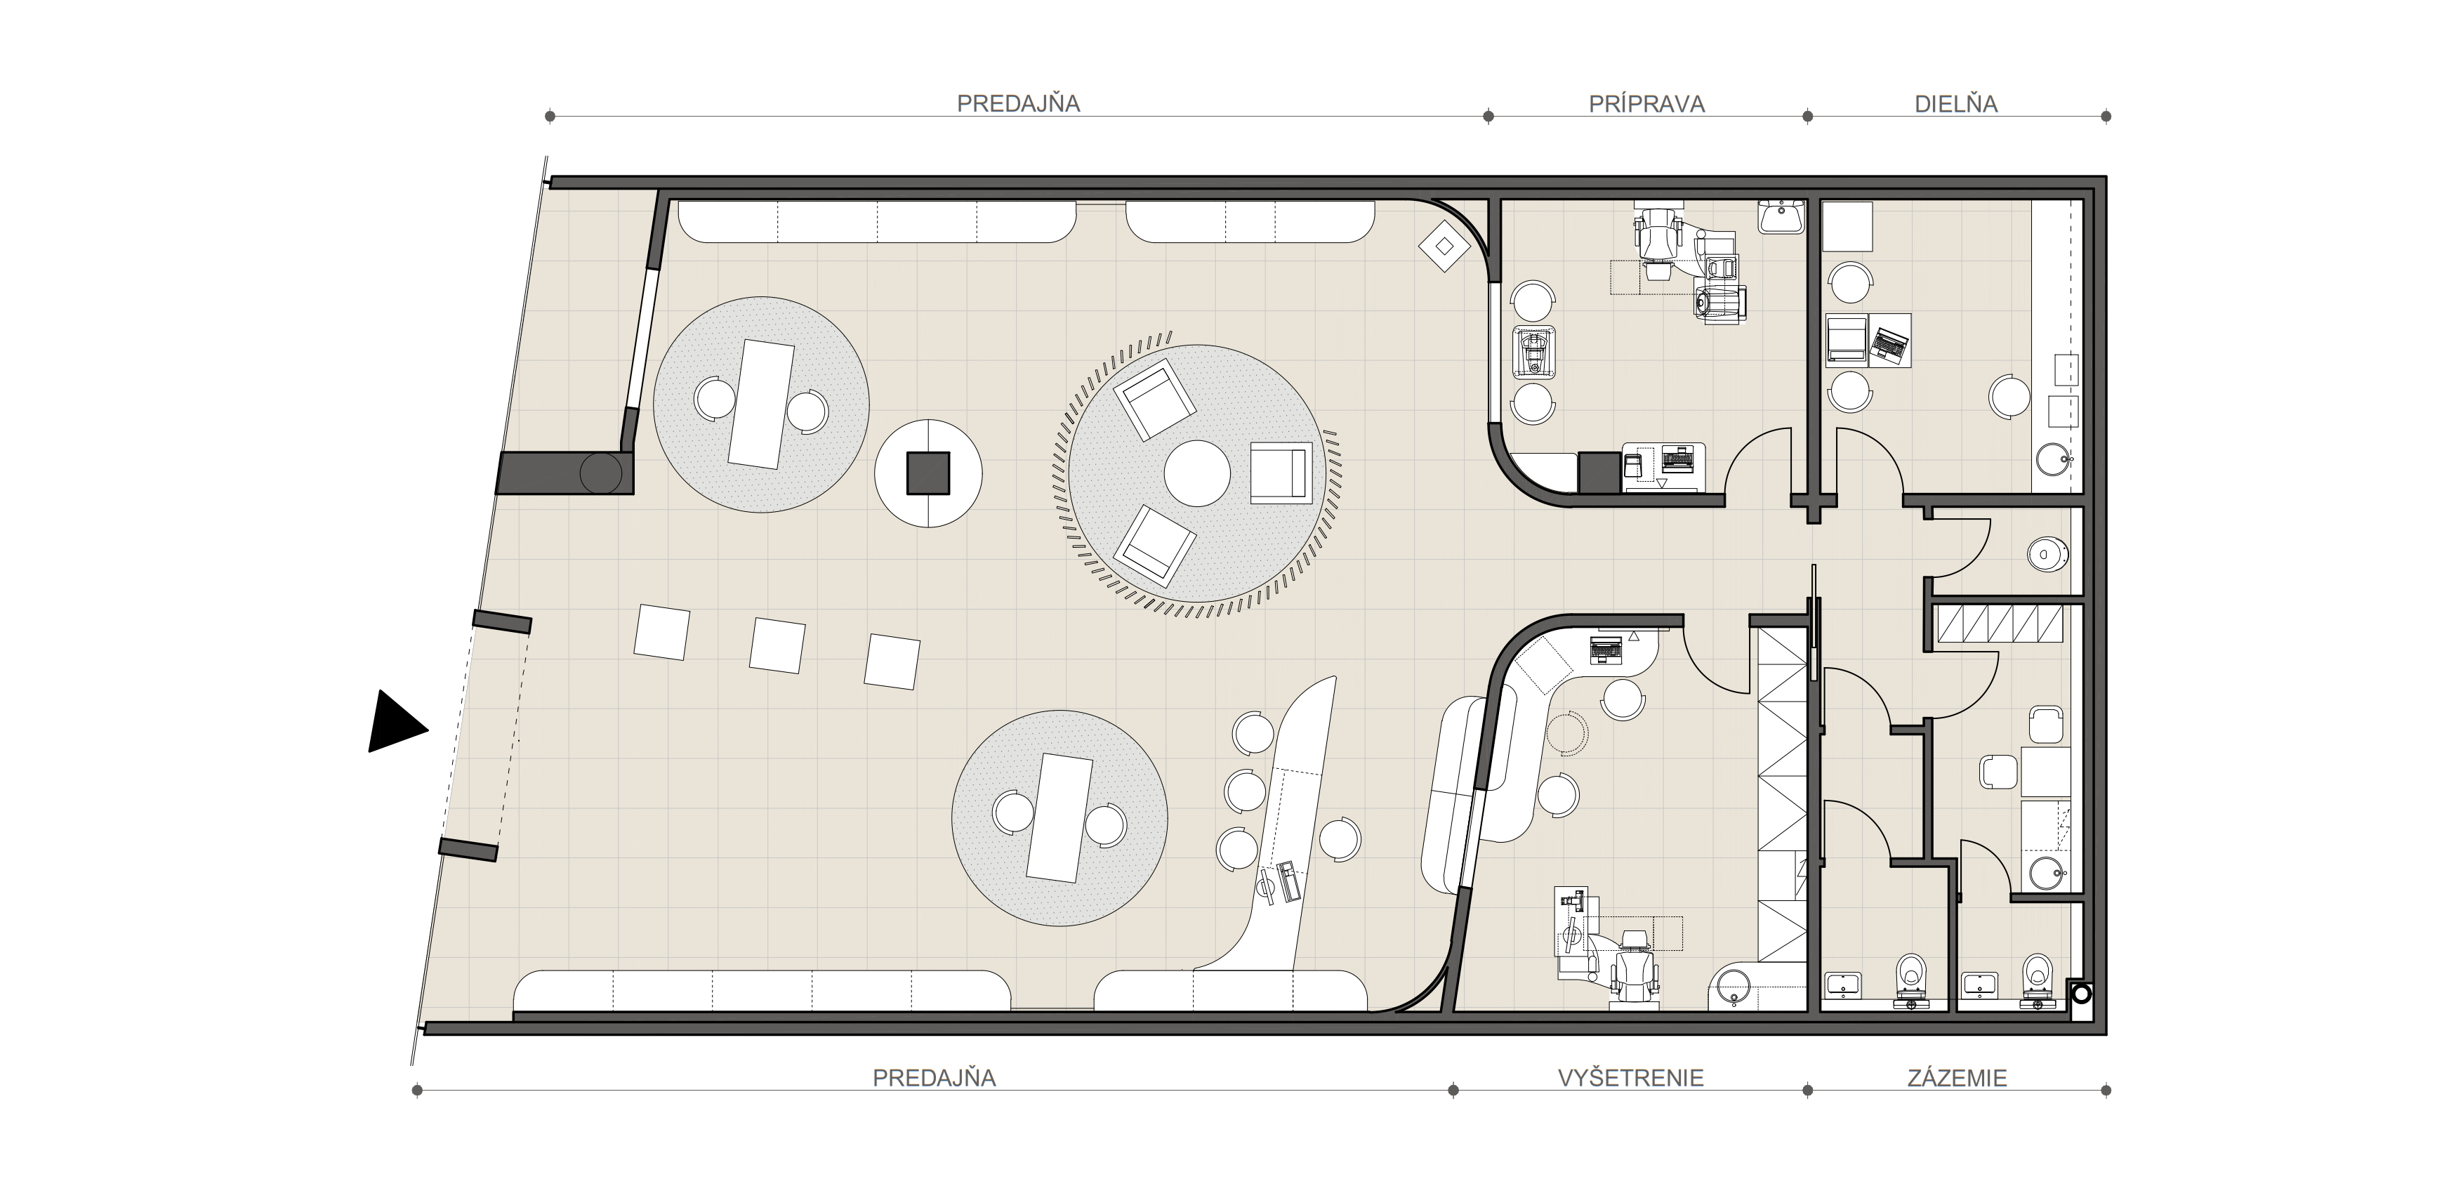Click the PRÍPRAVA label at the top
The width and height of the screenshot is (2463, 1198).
pos(1646,104)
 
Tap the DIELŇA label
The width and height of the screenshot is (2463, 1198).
pos(1955,104)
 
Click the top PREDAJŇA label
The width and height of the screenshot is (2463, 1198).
pos(1018,104)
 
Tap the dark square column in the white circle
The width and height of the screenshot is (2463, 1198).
pos(927,473)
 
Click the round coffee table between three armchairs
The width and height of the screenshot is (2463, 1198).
pos(1196,473)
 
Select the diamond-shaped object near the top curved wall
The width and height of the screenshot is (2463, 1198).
pos(1445,246)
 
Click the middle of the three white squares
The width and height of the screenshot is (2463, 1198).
pos(777,645)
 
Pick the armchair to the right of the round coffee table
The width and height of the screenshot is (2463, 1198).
pos(1280,473)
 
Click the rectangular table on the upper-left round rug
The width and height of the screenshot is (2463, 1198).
pos(761,404)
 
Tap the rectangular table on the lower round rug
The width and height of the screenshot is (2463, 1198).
pos(1059,817)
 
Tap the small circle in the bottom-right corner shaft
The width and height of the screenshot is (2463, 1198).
pos(2080,994)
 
